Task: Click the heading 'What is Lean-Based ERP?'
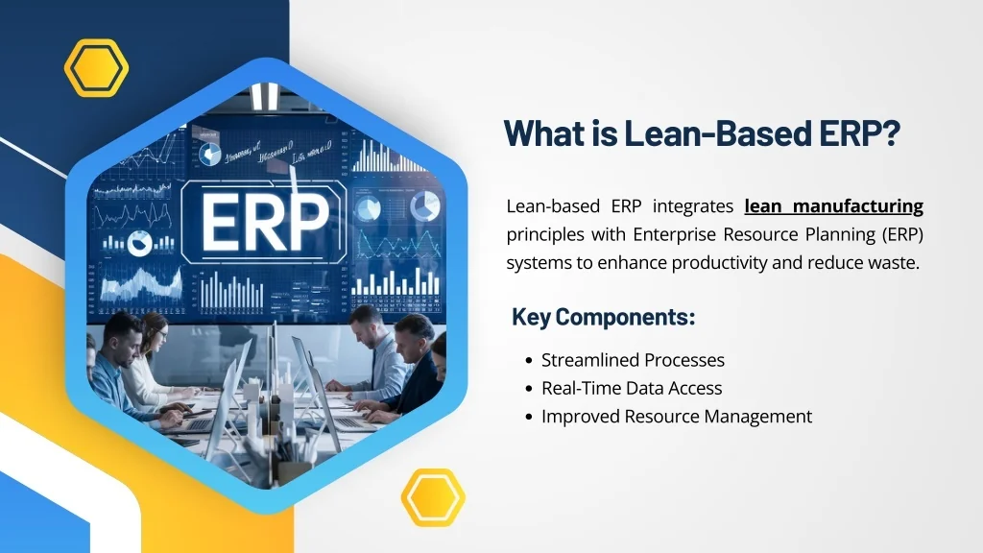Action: (702, 132)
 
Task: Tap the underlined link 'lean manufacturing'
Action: (833, 206)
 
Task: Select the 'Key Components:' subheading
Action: (603, 317)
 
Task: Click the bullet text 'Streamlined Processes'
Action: (633, 360)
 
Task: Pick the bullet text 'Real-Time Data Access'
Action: (632, 388)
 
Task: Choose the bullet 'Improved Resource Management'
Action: (677, 416)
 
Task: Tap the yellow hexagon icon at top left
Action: (96, 68)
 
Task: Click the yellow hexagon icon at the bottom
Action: (433, 497)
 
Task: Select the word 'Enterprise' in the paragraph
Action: (669, 234)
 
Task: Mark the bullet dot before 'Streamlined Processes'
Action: (529, 361)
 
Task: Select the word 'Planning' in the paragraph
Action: (827, 234)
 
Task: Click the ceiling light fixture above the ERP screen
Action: (265, 96)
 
